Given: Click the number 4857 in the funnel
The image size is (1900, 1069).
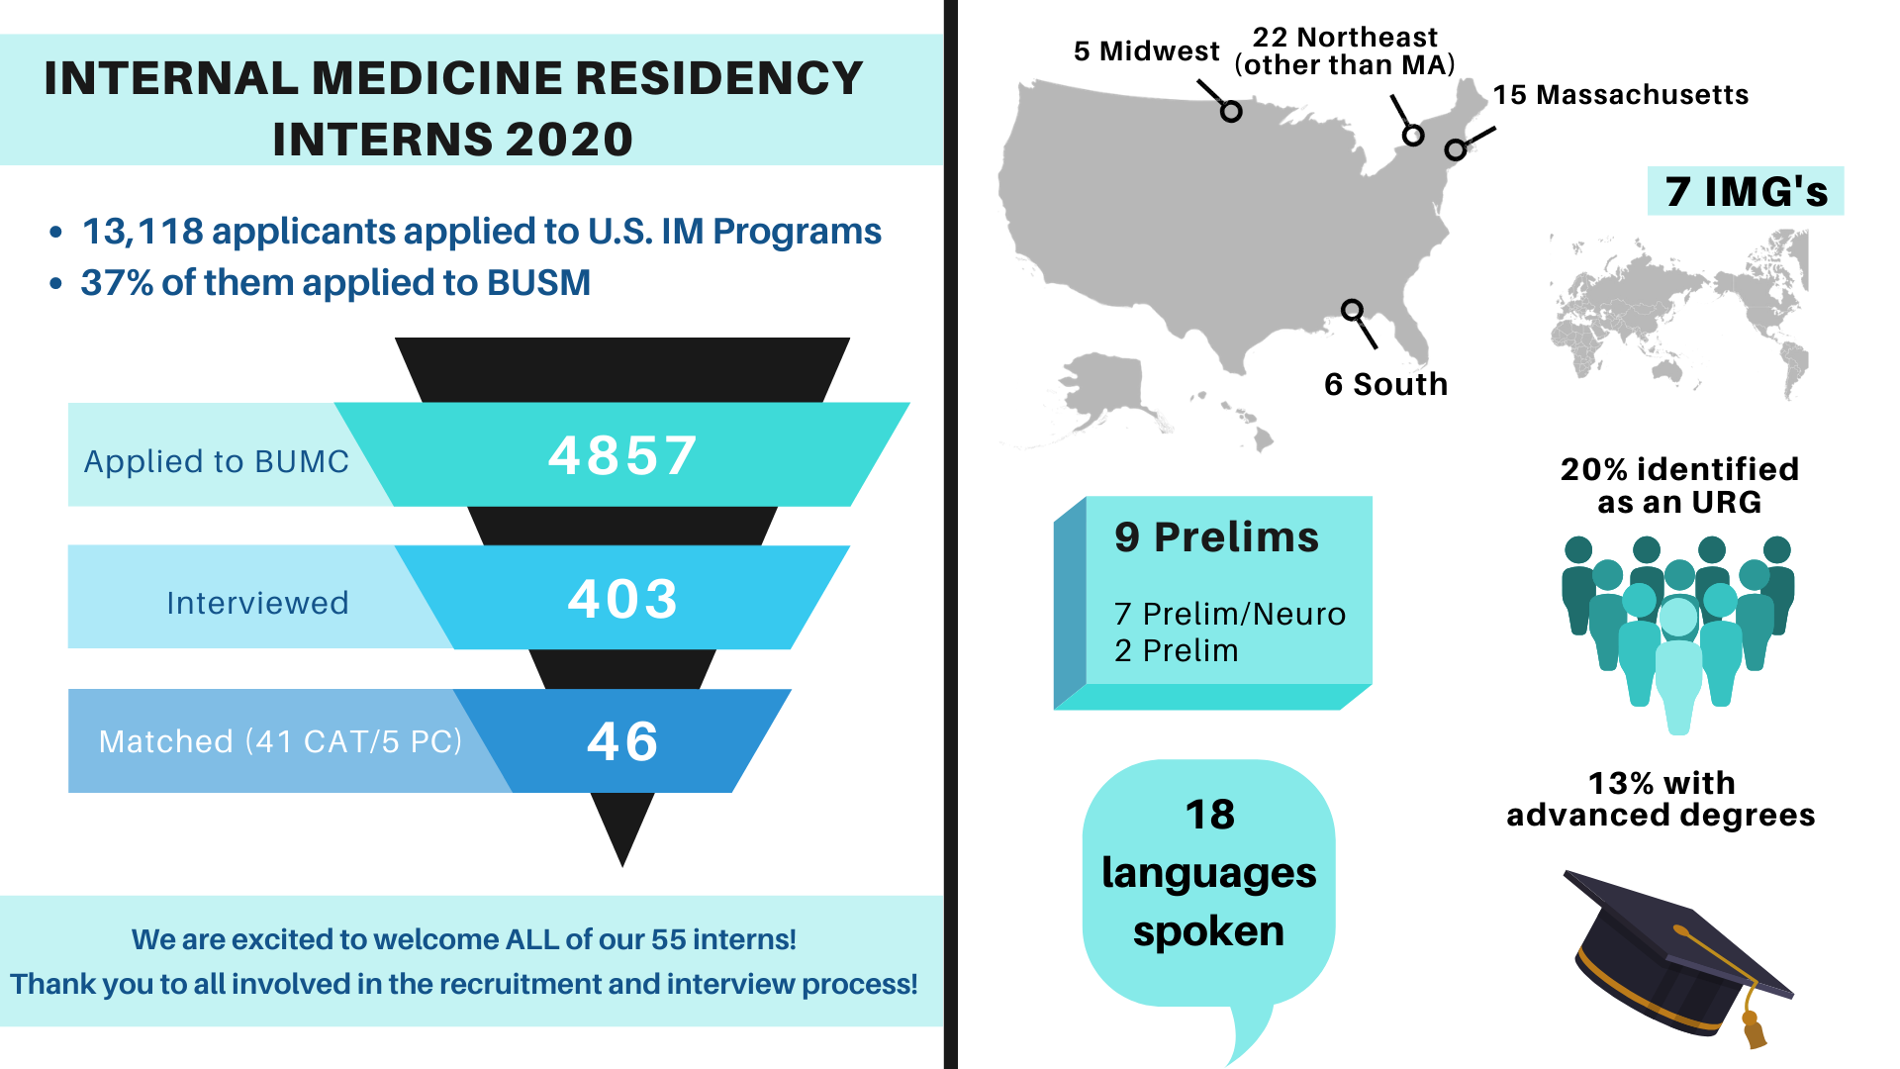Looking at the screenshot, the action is coord(623,456).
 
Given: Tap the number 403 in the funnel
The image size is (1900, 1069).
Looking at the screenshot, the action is coord(623,599).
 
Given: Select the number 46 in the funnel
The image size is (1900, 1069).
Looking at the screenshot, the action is coord(623,741).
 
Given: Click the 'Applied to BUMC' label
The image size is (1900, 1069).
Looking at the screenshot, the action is coord(217,461).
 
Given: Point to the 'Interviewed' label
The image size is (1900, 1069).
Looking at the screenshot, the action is coord(257,603).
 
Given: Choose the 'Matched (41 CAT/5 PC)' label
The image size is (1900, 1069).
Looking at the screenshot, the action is coord(281,741).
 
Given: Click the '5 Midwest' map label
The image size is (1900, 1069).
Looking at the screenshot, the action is coord(1147,50).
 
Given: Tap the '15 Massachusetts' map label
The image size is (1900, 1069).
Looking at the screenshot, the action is coord(1621,95).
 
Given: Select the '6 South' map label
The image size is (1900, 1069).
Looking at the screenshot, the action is coord(1386,384).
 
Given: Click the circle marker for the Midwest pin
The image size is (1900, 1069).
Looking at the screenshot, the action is coord(1231,111).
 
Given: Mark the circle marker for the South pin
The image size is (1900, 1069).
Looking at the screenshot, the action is coord(1352,310).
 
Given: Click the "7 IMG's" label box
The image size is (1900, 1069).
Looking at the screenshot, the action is coord(1746,191).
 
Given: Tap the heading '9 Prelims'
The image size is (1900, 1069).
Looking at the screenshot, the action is coord(1217,536).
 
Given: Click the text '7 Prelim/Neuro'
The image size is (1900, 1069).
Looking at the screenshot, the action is coord(1230,614).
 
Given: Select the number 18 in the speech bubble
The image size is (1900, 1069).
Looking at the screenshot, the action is coord(1210,815).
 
